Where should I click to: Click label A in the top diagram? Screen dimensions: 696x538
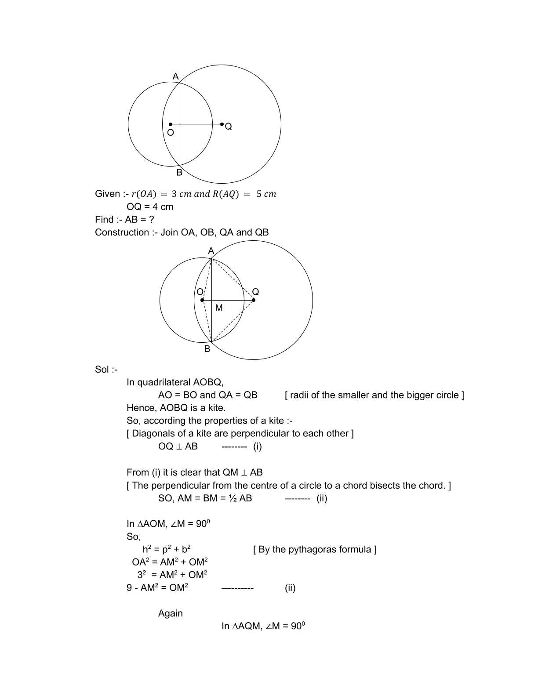[x=175, y=76]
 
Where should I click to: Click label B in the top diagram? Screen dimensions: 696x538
[x=179, y=173]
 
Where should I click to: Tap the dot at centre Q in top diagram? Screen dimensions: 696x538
[x=222, y=124]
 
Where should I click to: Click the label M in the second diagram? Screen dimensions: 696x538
[x=219, y=308]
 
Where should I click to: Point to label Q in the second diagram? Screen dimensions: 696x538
[x=255, y=292]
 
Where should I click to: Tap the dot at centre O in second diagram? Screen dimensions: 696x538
[x=202, y=300]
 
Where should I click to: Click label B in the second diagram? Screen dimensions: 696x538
[x=207, y=349]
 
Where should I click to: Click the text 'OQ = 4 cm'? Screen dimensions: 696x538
[x=150, y=207]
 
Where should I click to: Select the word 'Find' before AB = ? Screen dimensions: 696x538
[x=104, y=219]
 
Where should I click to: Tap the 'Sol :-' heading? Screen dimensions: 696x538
[x=106, y=369]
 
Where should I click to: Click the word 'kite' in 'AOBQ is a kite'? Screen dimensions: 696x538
[x=215, y=408]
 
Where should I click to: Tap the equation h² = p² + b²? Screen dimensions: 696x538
[x=166, y=549]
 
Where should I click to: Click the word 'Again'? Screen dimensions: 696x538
[x=170, y=613]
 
